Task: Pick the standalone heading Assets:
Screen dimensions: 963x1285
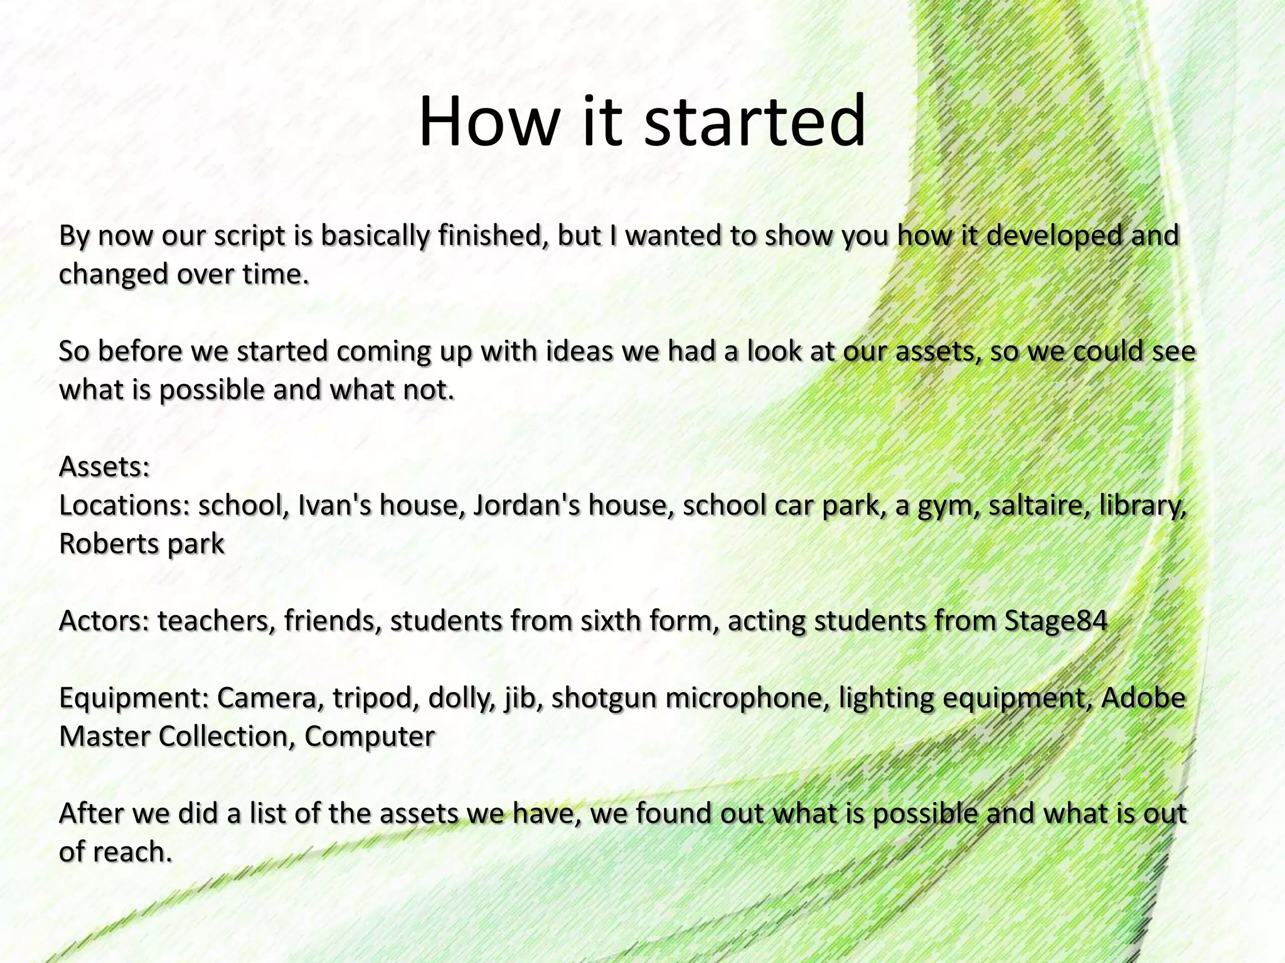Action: pyautogui.click(x=104, y=466)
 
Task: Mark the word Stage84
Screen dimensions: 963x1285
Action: pyautogui.click(x=1056, y=621)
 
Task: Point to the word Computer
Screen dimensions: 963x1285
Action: pyautogui.click(x=370, y=737)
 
